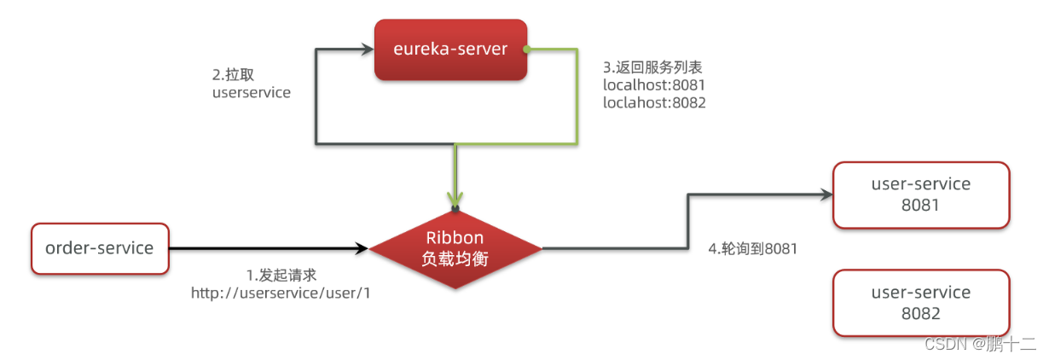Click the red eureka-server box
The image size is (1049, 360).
pyautogui.click(x=451, y=49)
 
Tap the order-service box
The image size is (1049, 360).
pyautogui.click(x=100, y=248)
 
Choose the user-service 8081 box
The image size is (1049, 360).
pyautogui.click(x=921, y=195)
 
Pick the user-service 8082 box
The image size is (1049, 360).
pyautogui.click(x=921, y=303)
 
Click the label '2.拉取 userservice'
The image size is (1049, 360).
pyautogui.click(x=251, y=83)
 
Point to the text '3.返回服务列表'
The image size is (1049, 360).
pyautogui.click(x=652, y=67)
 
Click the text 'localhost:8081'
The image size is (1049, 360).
pyautogui.click(x=654, y=85)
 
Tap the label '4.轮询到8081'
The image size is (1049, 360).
pyautogui.click(x=752, y=248)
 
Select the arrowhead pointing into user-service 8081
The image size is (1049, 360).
pyautogui.click(x=826, y=195)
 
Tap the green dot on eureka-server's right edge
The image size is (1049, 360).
pyautogui.click(x=528, y=49)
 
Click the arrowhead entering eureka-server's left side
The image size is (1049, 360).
pyautogui.click(x=368, y=49)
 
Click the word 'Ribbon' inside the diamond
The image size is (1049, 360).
pyautogui.click(x=455, y=239)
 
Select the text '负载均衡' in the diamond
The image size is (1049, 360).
pyautogui.click(x=455, y=259)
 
